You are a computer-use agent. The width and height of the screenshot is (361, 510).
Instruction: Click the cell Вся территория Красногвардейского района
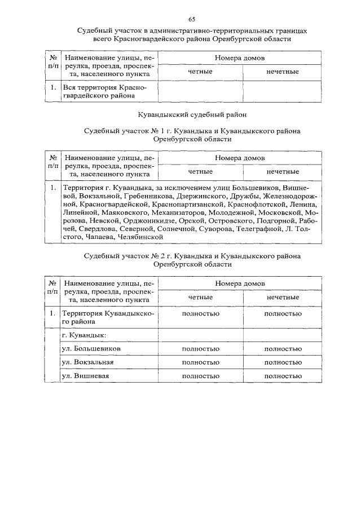tap(104, 91)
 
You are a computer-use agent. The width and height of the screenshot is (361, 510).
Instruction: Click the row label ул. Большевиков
tap(91, 348)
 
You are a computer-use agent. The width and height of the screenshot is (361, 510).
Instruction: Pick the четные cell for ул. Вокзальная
tap(200, 362)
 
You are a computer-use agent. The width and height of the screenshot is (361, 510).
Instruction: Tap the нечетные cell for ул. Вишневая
tap(283, 375)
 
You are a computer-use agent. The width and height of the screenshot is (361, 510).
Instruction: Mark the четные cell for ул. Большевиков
tap(200, 348)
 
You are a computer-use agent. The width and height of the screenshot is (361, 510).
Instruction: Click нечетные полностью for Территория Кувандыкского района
tap(283, 313)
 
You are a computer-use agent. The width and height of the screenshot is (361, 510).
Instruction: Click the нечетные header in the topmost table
tap(283, 72)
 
